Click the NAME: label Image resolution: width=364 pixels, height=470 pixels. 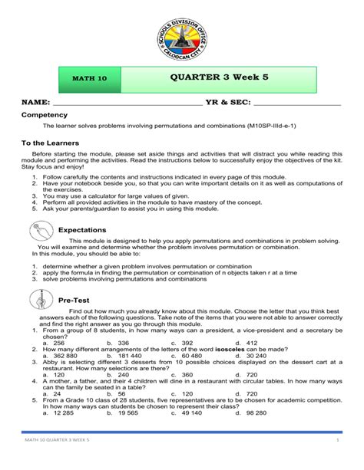35,103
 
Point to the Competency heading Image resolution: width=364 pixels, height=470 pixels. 48,114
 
